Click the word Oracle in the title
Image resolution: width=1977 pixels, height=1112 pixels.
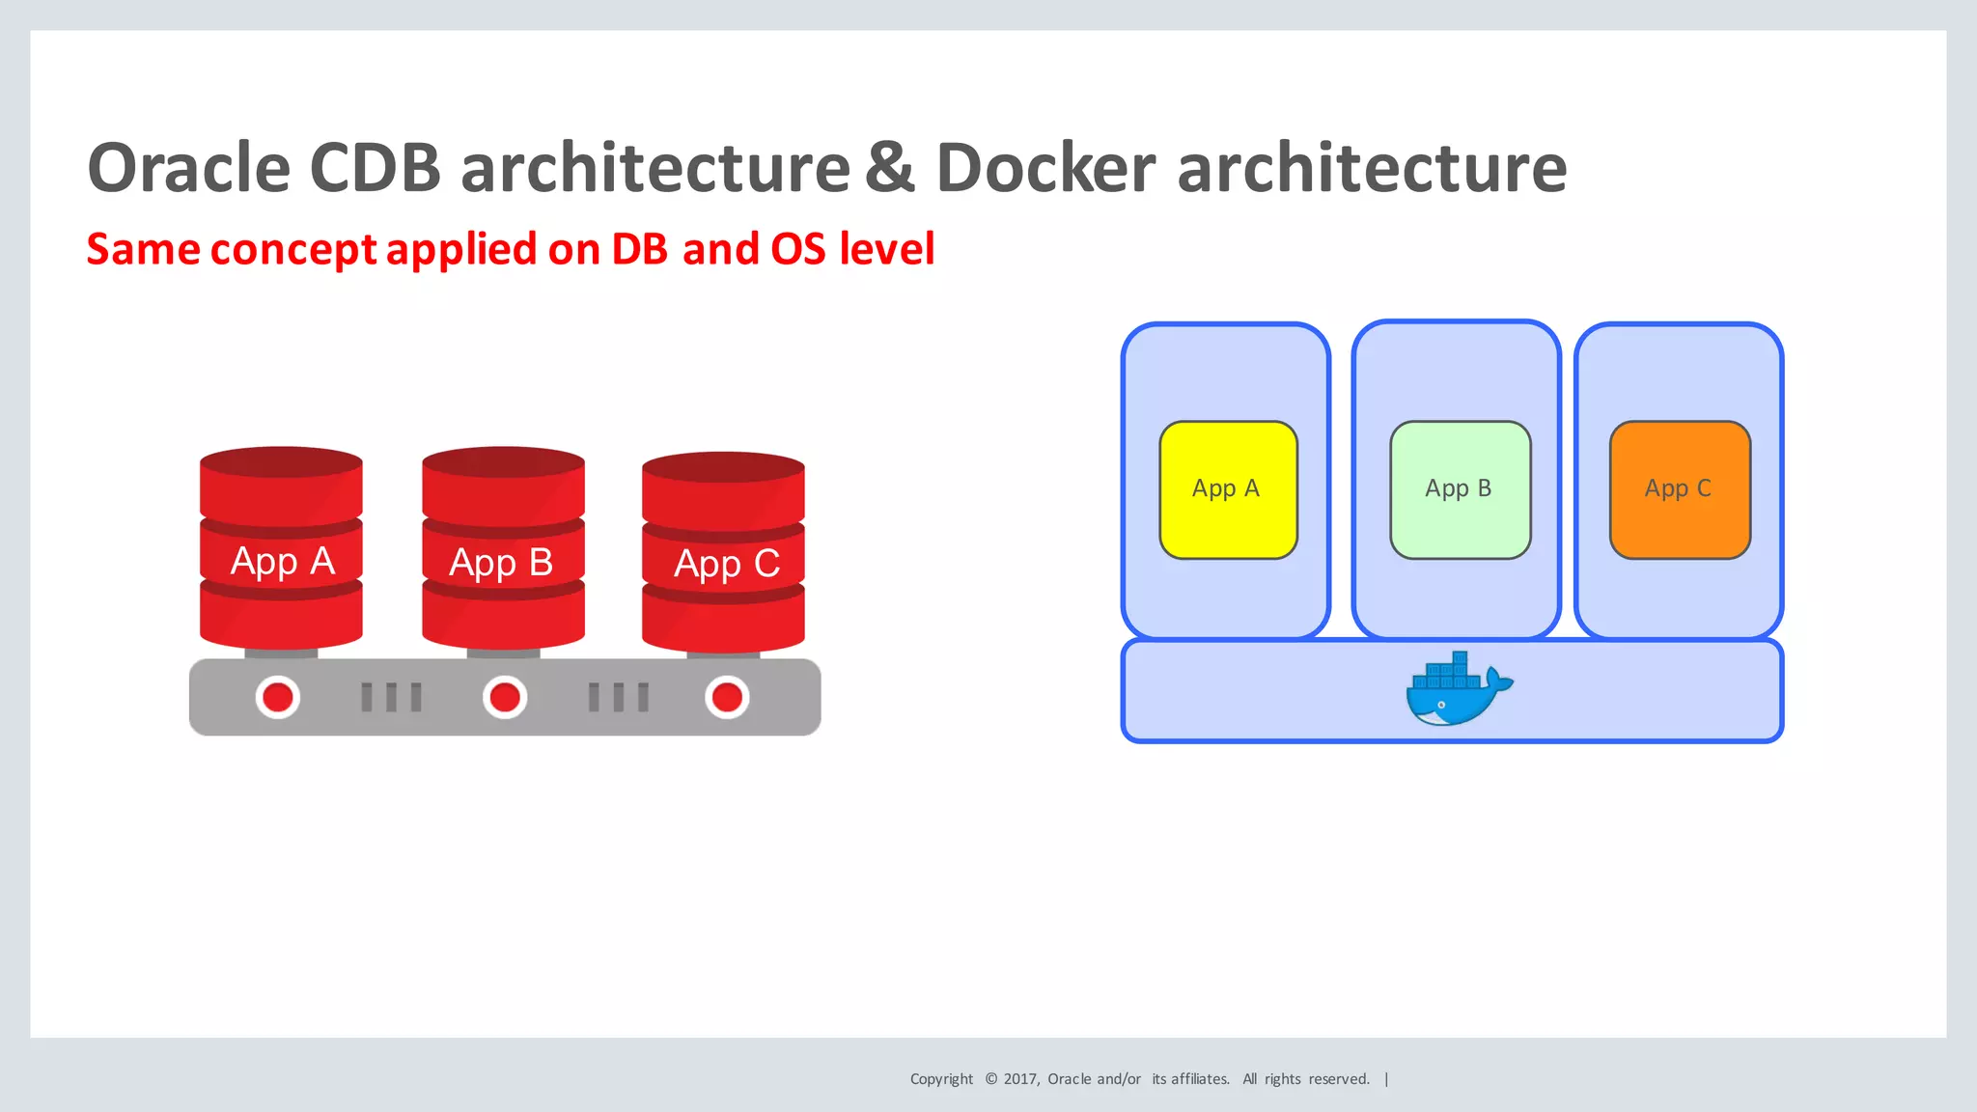click(188, 168)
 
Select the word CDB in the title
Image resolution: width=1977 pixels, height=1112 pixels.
click(375, 168)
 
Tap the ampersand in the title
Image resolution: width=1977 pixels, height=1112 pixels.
click(889, 168)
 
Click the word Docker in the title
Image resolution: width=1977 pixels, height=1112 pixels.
click(1045, 168)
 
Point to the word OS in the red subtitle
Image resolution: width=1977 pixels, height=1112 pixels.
click(798, 249)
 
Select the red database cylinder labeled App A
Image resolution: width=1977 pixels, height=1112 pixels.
click(281, 550)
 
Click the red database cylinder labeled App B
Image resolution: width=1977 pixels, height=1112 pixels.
click(503, 550)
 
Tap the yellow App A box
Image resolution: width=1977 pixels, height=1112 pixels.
click(1228, 489)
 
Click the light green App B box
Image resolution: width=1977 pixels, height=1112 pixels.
click(1460, 489)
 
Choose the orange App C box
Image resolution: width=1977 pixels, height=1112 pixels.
click(1680, 489)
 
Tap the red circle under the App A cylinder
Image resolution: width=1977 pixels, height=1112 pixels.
click(278, 697)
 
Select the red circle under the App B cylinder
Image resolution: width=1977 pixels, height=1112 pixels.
click(505, 697)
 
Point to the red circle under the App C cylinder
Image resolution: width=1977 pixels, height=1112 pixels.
click(727, 697)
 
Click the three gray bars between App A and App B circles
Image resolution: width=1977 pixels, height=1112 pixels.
click(391, 697)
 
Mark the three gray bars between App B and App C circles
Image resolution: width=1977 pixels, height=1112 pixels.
click(619, 697)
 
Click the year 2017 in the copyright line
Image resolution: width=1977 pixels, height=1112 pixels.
click(1020, 1079)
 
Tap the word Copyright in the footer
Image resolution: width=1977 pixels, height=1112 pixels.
click(941, 1079)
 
